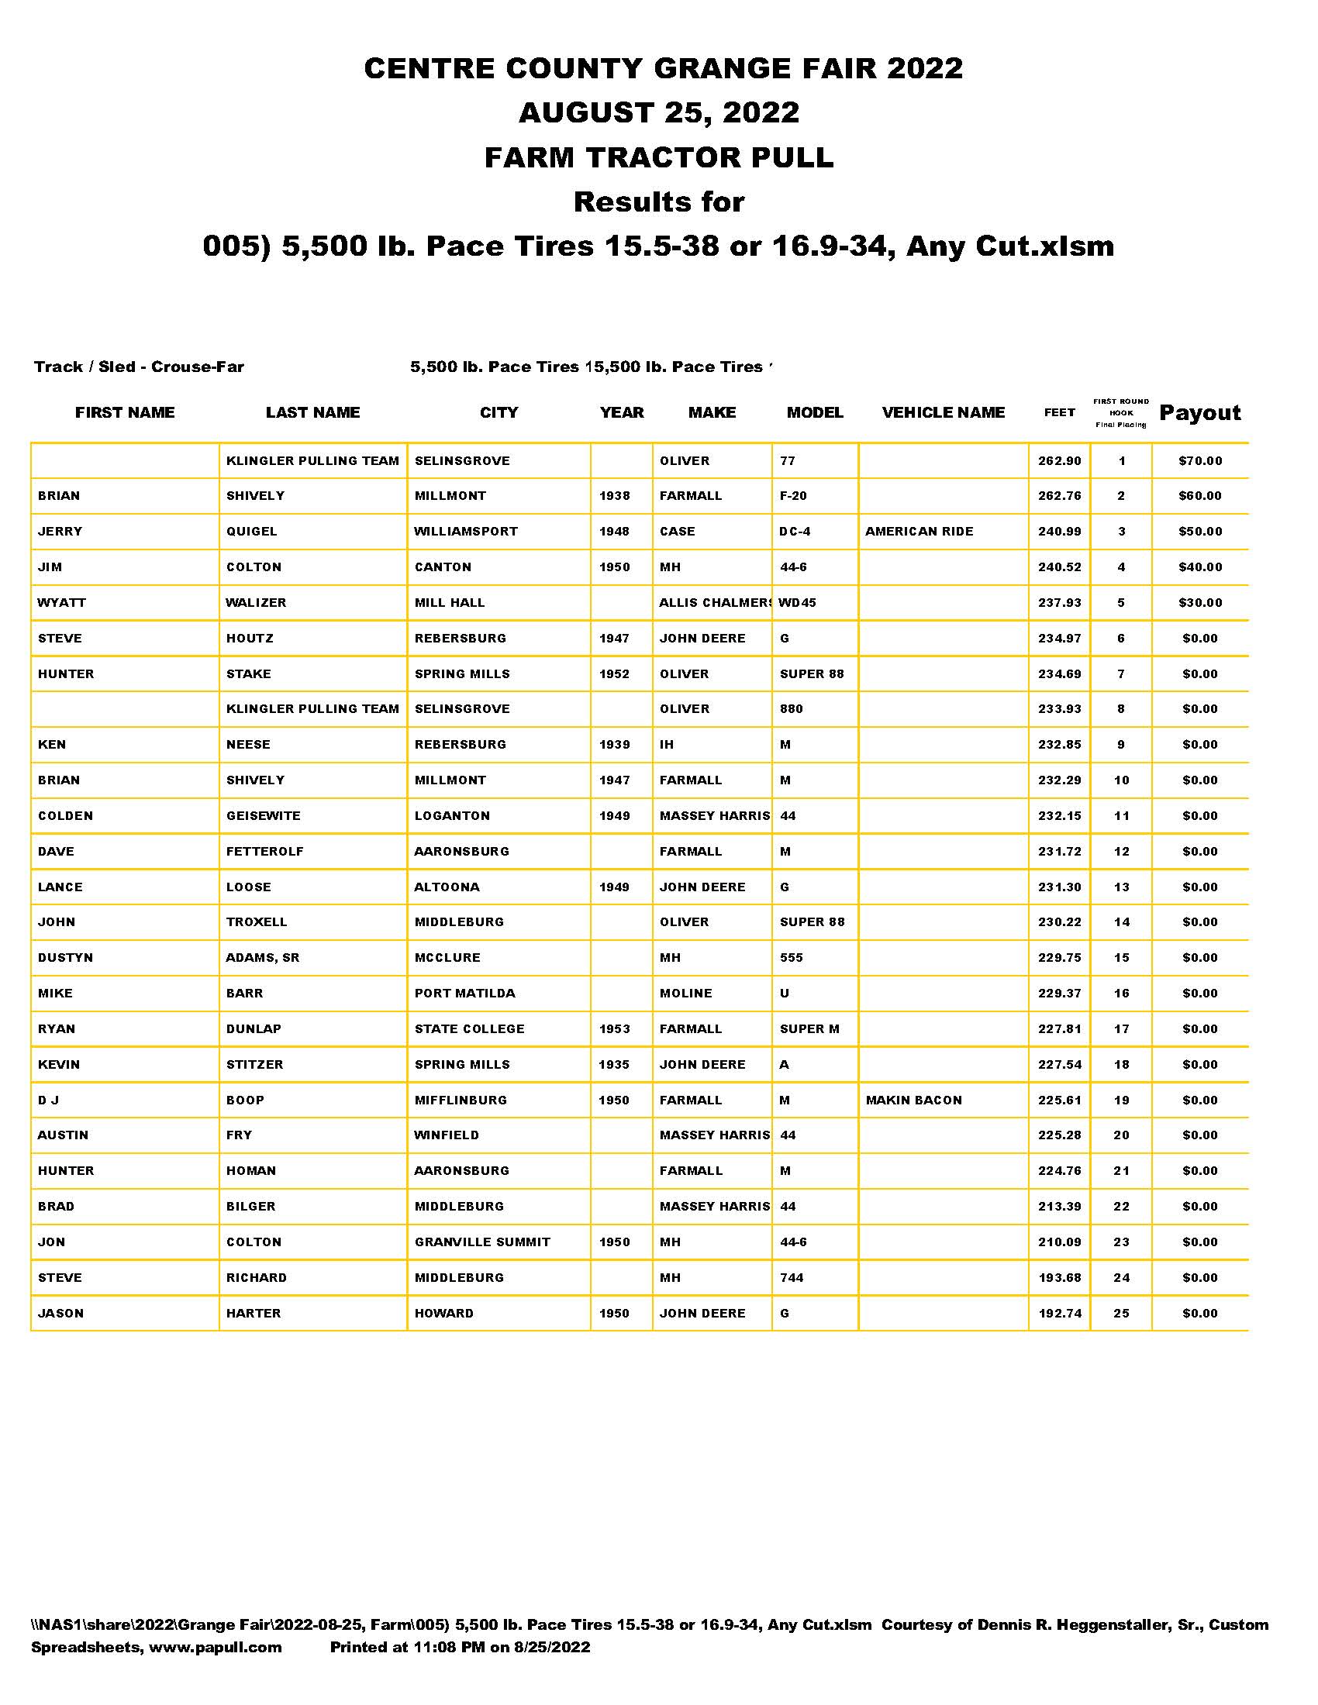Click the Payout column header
pos(1199,413)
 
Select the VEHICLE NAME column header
pos(944,413)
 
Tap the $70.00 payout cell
pos(1200,460)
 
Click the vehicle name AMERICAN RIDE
pos(919,532)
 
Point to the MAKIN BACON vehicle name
pos(913,1100)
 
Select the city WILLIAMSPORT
pos(465,532)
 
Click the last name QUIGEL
pos(251,532)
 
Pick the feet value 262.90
pos(1060,460)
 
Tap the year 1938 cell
pos(615,496)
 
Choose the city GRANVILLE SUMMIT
pos(482,1242)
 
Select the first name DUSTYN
pos(66,958)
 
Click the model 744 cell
pos(792,1278)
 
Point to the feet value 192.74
pos(1060,1314)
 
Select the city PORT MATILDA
pos(464,994)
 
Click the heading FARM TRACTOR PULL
pos(659,157)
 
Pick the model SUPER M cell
pos(809,1029)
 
